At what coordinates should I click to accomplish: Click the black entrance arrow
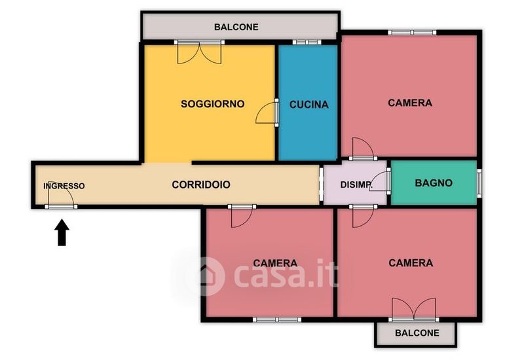point(62,232)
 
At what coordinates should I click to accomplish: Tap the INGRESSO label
point(64,186)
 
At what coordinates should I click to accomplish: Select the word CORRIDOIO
point(201,185)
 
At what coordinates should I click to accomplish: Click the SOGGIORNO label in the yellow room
point(212,104)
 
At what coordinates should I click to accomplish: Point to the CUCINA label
point(309,105)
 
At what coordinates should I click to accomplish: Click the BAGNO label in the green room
point(434,183)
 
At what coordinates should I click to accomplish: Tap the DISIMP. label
point(356,185)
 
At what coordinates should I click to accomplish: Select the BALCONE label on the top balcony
point(236,27)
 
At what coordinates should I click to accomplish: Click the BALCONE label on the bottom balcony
point(417,333)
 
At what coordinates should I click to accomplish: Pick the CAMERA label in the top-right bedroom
point(410,103)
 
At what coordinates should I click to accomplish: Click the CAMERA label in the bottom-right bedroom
point(411,263)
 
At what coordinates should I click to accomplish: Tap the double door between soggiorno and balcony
point(199,52)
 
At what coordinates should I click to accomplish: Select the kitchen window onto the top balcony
point(307,43)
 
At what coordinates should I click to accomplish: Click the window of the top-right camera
point(412,32)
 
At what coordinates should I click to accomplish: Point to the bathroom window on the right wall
point(479,182)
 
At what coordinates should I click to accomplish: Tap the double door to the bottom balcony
point(414,310)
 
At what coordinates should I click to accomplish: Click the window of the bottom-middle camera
point(276,320)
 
